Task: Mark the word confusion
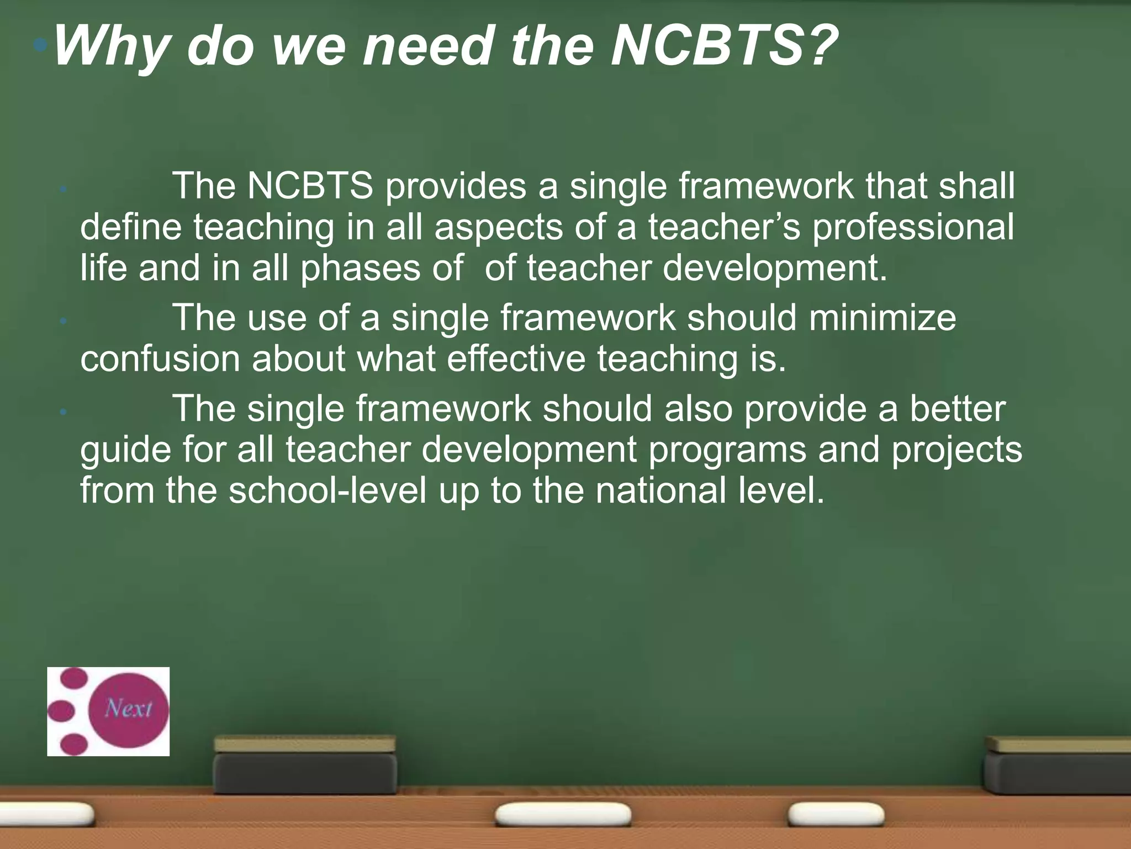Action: click(x=160, y=359)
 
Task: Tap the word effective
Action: click(x=516, y=359)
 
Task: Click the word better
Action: click(x=958, y=409)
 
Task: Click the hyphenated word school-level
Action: click(x=327, y=491)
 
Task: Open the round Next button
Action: click(x=128, y=709)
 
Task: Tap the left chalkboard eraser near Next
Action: click(x=305, y=766)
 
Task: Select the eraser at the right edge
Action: click(x=1058, y=766)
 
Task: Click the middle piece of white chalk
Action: click(x=563, y=814)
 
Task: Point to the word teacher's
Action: click(x=724, y=228)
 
